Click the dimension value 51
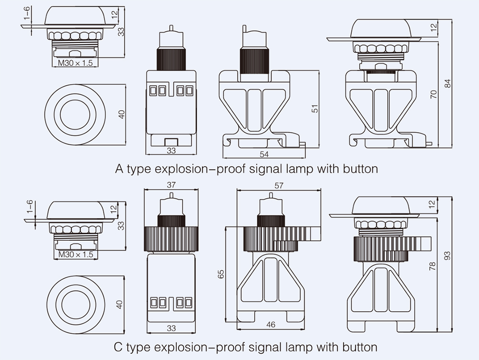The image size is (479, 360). (x=315, y=109)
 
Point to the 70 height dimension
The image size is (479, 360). (x=434, y=93)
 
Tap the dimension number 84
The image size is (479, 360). (x=448, y=83)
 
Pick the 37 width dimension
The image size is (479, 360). (x=171, y=185)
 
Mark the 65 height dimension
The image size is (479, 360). (x=221, y=274)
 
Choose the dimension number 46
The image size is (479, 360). (x=270, y=325)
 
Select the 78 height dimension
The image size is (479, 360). (x=433, y=267)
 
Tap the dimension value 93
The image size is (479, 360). (x=447, y=256)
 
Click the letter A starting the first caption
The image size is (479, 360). (x=120, y=169)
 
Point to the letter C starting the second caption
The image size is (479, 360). (x=119, y=346)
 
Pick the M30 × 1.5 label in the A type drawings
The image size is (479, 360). (x=75, y=63)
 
